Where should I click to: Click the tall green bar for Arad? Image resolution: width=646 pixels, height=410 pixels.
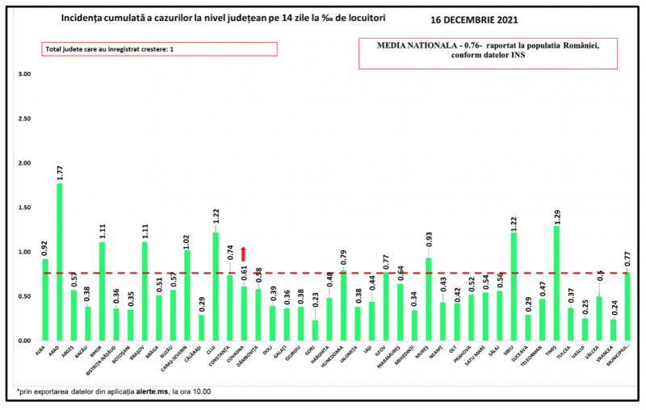[x=59, y=262]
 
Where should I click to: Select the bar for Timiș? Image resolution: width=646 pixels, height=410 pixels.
[x=556, y=283]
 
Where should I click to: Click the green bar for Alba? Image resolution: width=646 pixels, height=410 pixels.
[x=45, y=299]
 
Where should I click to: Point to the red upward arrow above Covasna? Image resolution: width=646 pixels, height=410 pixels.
[x=244, y=255]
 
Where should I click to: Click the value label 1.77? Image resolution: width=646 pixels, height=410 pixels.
[x=59, y=173]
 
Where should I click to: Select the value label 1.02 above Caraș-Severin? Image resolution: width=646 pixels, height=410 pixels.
[x=187, y=240]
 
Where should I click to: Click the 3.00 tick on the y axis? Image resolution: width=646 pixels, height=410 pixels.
[x=24, y=74]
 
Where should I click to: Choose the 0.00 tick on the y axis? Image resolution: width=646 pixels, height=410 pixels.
[x=24, y=341]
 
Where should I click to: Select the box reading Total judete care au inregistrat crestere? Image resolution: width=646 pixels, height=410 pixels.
[x=160, y=49]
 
